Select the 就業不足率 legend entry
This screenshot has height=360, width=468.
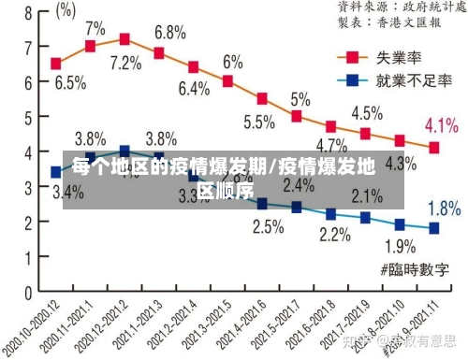coord(404,80)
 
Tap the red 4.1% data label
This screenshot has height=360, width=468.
coord(441,125)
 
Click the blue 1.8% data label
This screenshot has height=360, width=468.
coord(444,208)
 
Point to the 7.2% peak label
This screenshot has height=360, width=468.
coord(125,64)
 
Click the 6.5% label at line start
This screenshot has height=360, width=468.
coord(70,82)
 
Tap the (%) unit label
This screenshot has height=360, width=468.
coord(66,11)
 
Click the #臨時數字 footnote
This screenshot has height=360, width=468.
coord(416,269)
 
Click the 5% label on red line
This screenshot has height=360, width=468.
coord(300,98)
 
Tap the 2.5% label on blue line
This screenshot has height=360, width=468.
coord(268,226)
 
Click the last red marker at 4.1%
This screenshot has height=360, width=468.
coord(433,147)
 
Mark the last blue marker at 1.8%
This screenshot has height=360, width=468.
coord(433,227)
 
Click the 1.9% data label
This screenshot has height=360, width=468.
coord(401,247)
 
